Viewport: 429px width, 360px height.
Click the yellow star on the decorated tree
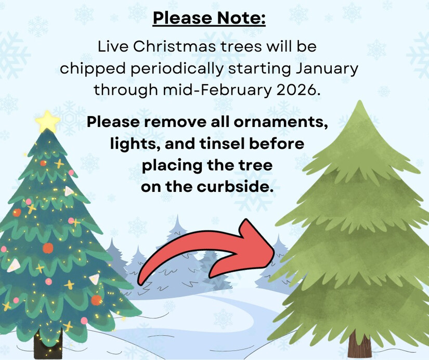pyautogui.click(x=48, y=122)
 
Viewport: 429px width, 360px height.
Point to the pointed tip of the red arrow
pyautogui.click(x=274, y=251)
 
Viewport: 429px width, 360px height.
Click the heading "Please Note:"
pyautogui.click(x=209, y=18)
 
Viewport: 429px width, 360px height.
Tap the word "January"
pyautogui.click(x=327, y=69)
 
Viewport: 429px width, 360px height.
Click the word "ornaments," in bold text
pyautogui.click(x=281, y=122)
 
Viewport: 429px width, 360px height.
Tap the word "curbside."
pyautogui.click(x=235, y=187)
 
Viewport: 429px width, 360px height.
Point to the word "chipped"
pyautogui.click(x=93, y=69)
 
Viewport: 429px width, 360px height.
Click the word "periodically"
pyautogui.click(x=177, y=69)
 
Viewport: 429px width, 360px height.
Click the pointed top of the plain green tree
pyautogui.click(x=360, y=101)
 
